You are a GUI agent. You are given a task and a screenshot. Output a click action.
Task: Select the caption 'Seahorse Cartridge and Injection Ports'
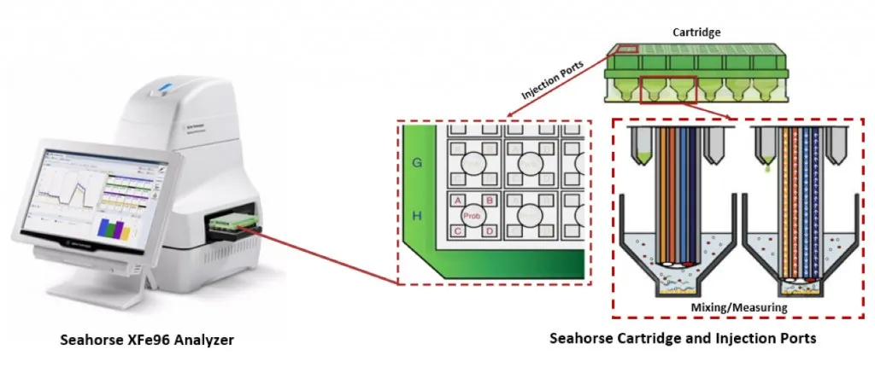click(683, 339)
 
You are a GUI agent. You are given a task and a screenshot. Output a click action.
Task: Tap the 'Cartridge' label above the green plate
click(696, 32)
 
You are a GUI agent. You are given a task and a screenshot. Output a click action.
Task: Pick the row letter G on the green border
click(417, 159)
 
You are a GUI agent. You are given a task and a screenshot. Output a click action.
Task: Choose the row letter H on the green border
click(417, 217)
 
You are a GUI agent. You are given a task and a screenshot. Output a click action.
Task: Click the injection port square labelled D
click(490, 231)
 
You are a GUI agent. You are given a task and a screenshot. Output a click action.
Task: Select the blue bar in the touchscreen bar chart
click(105, 229)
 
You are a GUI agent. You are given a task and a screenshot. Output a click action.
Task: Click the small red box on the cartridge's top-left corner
click(628, 50)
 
